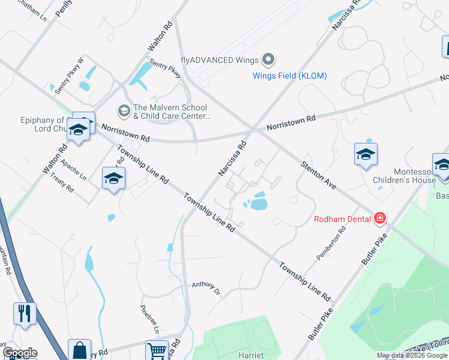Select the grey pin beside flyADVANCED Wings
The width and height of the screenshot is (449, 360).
coord(268,60)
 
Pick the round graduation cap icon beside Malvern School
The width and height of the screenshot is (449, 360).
coord(124,110)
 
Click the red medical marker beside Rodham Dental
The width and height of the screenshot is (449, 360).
coord(379,218)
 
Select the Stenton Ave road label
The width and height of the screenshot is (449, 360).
coord(318,175)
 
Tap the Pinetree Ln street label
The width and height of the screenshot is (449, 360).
coord(149,320)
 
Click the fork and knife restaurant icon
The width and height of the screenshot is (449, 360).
coord(25,313)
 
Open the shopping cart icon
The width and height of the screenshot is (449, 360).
coord(157,351)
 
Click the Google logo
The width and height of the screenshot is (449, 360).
coord(20,353)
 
